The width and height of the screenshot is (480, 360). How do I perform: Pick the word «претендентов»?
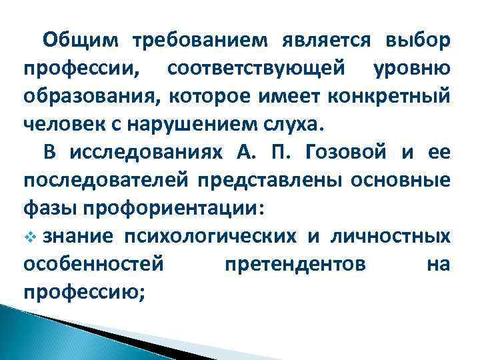(295, 265)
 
